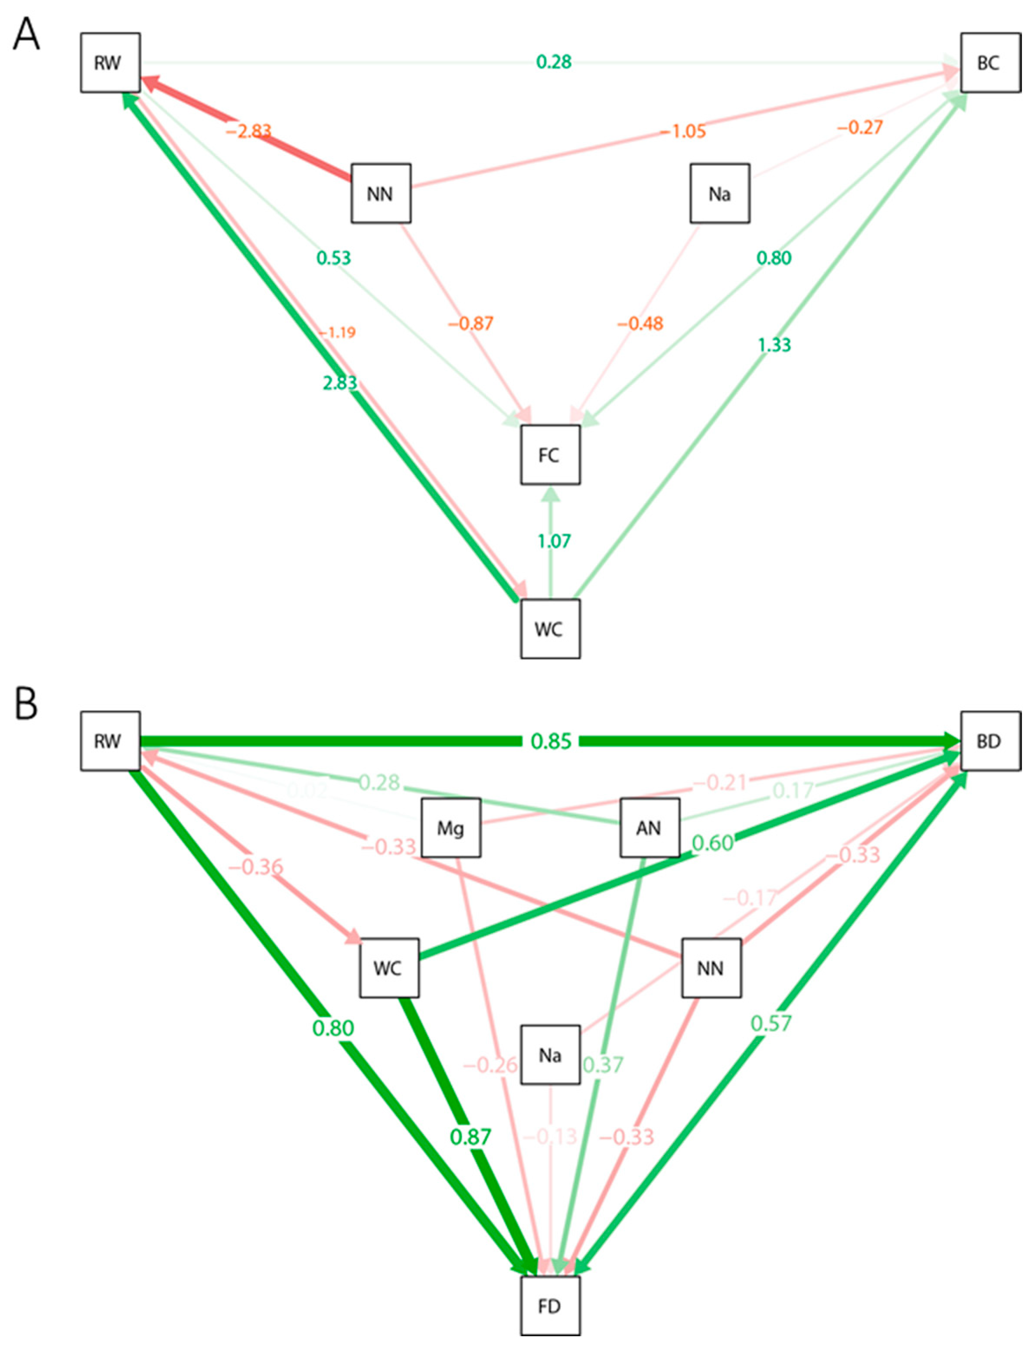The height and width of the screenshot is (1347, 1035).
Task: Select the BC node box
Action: tap(990, 63)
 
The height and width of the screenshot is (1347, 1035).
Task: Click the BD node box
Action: tap(990, 741)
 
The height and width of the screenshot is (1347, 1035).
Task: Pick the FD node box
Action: tap(549, 1306)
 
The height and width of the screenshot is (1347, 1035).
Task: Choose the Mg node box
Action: tap(451, 828)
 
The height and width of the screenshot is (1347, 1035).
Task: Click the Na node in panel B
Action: tap(549, 1055)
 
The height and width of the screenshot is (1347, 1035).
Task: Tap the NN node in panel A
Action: tap(380, 193)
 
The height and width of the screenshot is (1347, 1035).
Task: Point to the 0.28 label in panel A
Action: tap(553, 62)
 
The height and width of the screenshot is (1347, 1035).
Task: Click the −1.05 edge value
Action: tap(682, 131)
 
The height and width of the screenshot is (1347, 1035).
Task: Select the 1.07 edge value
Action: tap(554, 541)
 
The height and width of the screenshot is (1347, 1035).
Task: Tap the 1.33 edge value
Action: tap(774, 345)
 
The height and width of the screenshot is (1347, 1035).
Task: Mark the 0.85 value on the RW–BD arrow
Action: tap(552, 741)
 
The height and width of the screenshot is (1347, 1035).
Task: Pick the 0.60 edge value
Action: tap(713, 842)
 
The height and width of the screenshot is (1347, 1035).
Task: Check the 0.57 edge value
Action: tap(771, 1024)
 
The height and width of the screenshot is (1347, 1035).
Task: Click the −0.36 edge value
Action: tap(256, 867)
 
